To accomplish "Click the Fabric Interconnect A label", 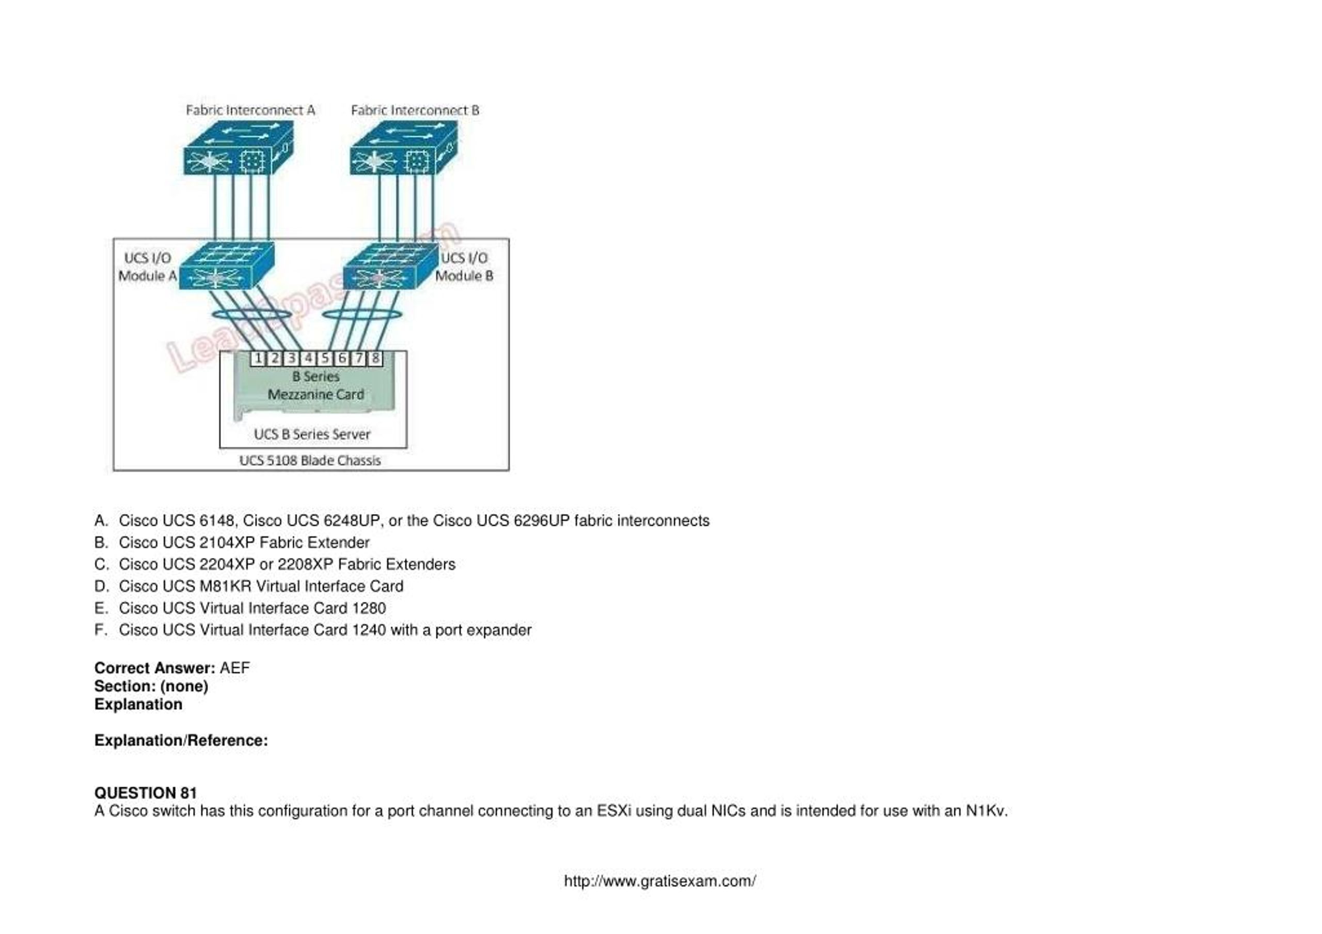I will tap(250, 110).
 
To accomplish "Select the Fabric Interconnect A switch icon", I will tap(238, 149).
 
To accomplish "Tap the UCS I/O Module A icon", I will tap(226, 267).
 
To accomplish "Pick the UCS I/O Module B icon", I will tap(390, 267).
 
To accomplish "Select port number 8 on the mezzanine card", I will tap(375, 358).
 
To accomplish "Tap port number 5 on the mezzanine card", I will tap(325, 358).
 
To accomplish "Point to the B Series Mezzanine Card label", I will tap(316, 385).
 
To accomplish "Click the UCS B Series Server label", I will tap(312, 434).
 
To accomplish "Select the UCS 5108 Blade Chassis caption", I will tap(310, 461).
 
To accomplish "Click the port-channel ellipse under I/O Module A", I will tap(251, 315).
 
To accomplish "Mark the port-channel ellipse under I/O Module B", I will tap(361, 315).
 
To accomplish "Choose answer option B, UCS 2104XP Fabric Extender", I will tap(244, 542).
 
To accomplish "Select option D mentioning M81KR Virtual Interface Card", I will tap(260, 586).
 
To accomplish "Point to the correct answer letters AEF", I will tap(234, 668).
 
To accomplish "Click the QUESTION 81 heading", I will tap(146, 793).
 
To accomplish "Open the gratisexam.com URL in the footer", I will tap(659, 881).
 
